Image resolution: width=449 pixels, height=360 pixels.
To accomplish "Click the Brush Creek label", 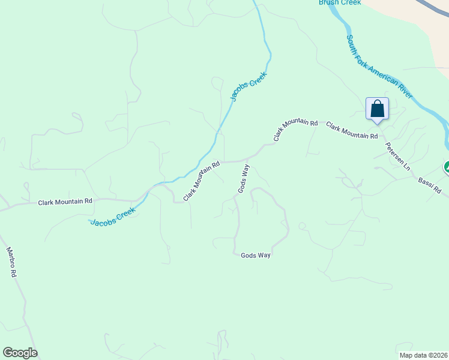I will (x=340, y=3).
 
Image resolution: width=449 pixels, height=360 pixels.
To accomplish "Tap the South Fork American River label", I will (x=379, y=67).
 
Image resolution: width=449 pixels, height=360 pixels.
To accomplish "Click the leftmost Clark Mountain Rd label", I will (x=65, y=202).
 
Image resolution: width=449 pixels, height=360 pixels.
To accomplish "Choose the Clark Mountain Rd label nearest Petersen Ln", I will (x=352, y=131).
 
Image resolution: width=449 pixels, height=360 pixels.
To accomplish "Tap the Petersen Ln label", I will (x=397, y=156).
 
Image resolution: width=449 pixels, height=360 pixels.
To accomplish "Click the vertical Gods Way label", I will (x=243, y=179).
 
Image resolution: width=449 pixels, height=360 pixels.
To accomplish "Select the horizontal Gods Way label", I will (x=256, y=256).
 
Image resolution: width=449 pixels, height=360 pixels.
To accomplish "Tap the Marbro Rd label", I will (x=11, y=262).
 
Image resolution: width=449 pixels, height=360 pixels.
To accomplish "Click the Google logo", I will (x=20, y=353).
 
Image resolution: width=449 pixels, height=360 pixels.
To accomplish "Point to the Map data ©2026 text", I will (x=423, y=355).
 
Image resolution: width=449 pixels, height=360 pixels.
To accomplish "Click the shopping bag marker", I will (x=377, y=109).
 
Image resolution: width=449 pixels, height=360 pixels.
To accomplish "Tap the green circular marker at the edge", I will (x=447, y=167).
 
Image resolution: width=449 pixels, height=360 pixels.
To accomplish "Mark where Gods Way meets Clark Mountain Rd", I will (x=247, y=160).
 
